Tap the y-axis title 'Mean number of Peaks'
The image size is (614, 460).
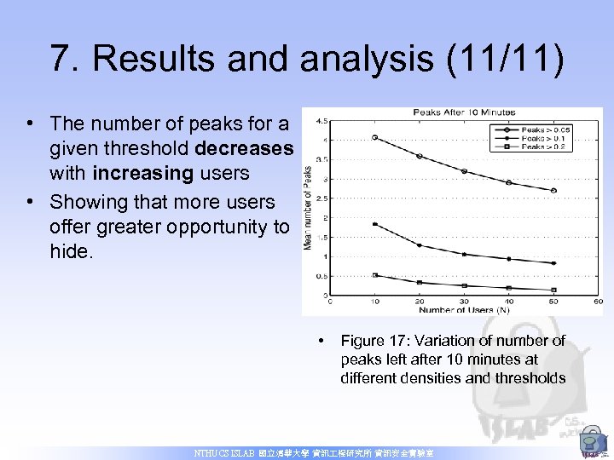308,207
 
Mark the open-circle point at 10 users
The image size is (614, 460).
374,137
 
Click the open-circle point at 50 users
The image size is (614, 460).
553,191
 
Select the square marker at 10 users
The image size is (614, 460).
374,275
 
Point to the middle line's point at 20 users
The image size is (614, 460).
419,245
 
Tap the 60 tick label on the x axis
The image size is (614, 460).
598,301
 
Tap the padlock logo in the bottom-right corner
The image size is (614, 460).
591,441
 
